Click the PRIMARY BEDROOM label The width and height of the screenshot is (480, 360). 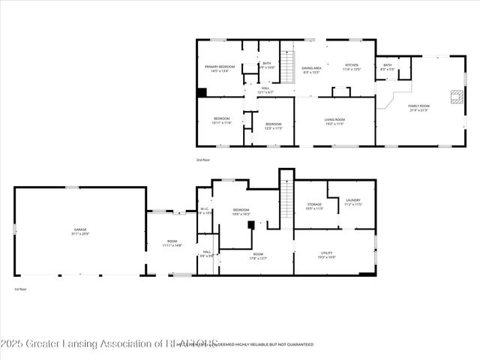coord(220,67)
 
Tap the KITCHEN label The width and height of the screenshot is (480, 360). coord(352,64)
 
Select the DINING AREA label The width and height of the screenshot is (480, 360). coord(311,67)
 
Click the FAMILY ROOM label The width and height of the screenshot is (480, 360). coord(418,106)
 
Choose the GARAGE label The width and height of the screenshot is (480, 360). coord(79,230)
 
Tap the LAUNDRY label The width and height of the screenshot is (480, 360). coord(353,200)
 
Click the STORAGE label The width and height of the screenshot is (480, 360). coord(314,204)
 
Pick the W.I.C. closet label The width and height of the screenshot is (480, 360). coord(204,209)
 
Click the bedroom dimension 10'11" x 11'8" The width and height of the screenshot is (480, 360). coord(221,122)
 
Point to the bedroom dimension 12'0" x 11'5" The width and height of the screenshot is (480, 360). coord(273,127)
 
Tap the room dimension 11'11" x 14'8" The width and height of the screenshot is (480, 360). coord(172,245)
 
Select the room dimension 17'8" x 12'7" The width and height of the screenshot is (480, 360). coord(258,258)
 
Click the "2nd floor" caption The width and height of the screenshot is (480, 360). coord(202,160)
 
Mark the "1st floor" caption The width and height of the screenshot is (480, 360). coord(21,289)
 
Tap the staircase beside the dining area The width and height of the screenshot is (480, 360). coord(286,57)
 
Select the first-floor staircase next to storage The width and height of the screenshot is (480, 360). coord(286,199)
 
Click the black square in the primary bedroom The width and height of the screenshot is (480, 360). coord(202,93)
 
